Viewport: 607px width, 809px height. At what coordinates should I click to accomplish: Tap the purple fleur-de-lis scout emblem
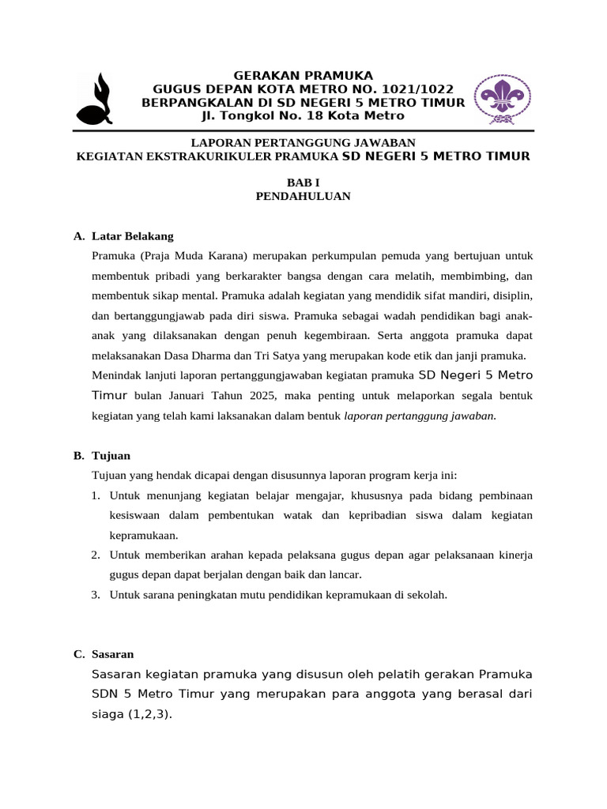click(x=502, y=100)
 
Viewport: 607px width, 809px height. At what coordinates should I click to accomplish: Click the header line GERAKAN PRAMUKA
click(x=303, y=76)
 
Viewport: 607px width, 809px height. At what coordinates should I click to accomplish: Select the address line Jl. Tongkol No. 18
click(x=271, y=116)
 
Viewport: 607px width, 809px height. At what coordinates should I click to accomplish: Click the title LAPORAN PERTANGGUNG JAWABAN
click(x=303, y=143)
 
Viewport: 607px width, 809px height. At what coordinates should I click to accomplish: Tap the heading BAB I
click(x=303, y=182)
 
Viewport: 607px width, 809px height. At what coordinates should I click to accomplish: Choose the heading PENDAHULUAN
click(x=303, y=196)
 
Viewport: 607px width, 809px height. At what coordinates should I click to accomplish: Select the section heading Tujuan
click(x=111, y=456)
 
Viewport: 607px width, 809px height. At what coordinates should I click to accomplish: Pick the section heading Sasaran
click(x=113, y=654)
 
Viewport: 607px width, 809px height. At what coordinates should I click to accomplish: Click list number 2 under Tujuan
click(x=95, y=555)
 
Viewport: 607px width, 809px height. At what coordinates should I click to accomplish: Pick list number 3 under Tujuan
click(x=95, y=595)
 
